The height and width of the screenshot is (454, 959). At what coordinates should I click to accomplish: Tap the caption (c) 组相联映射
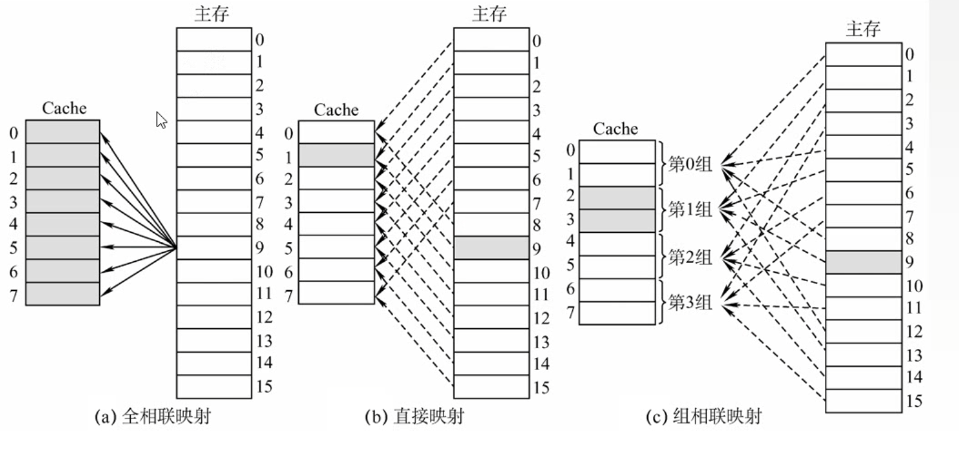[x=703, y=417]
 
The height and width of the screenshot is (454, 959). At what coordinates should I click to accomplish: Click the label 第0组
[x=690, y=164]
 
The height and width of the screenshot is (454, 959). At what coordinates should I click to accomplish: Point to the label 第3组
[x=690, y=302]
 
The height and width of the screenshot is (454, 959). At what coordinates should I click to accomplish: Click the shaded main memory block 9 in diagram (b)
[x=492, y=248]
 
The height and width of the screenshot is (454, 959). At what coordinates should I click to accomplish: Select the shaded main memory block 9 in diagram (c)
[x=863, y=262]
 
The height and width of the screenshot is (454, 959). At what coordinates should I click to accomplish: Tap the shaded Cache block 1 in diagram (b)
[x=337, y=155]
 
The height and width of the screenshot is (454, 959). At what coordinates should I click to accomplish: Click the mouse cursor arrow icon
[x=162, y=120]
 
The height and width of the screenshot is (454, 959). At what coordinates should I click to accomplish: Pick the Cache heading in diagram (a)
[x=64, y=108]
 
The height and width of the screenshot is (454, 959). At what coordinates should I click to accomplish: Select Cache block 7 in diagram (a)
[x=63, y=293]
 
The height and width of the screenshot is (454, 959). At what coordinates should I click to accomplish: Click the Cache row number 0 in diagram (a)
[x=14, y=133]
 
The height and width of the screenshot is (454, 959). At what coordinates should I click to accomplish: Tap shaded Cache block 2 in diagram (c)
[x=617, y=198]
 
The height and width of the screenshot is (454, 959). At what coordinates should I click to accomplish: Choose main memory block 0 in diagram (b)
[x=492, y=39]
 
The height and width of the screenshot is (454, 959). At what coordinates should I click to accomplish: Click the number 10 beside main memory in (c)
[x=914, y=286]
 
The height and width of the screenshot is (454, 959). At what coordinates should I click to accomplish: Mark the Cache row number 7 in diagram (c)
[x=570, y=313]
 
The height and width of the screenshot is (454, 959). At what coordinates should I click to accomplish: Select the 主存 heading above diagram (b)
[x=489, y=14]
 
